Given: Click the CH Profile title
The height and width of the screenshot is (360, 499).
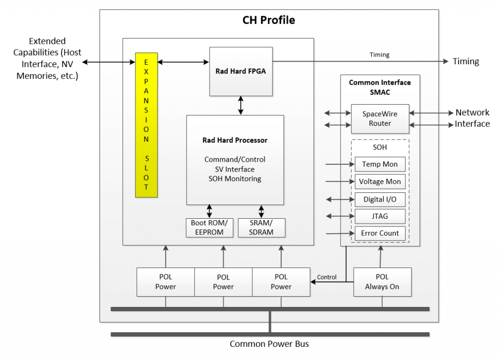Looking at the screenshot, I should [x=269, y=20].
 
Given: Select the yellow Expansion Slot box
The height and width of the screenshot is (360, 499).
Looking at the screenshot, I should [x=146, y=125].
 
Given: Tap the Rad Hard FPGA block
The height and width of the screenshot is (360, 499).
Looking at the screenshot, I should [x=241, y=71].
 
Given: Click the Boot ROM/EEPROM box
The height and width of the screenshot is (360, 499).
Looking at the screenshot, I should [x=210, y=227].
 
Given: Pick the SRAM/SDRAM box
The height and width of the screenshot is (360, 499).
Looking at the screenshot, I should [x=262, y=227].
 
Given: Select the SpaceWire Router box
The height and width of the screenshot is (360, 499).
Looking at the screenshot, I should [x=380, y=118].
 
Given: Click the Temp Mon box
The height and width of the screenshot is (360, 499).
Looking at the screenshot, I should [x=380, y=164].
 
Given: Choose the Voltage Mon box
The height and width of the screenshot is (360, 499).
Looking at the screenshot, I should [x=380, y=181].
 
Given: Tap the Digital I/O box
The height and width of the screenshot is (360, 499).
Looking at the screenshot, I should [x=380, y=199].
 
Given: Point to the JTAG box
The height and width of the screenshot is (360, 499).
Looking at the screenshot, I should [x=380, y=216].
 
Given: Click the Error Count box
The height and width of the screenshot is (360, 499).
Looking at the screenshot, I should [x=380, y=233].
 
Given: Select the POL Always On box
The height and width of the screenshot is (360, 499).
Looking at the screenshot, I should [x=382, y=282].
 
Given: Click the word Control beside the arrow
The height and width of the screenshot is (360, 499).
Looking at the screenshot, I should [x=326, y=277].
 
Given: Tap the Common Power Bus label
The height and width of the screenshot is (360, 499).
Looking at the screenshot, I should [x=269, y=344].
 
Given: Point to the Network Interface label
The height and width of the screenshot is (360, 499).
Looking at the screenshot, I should [x=472, y=118].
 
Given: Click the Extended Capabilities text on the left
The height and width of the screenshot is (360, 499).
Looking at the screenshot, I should [x=47, y=58].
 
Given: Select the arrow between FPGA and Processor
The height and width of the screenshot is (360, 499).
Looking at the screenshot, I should [x=241, y=105].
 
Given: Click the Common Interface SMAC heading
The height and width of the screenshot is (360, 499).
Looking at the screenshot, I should [x=380, y=87].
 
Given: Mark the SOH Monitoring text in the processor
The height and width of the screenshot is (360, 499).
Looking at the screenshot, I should [x=235, y=179].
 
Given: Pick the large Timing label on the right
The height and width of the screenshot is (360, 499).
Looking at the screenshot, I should [x=466, y=61].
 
